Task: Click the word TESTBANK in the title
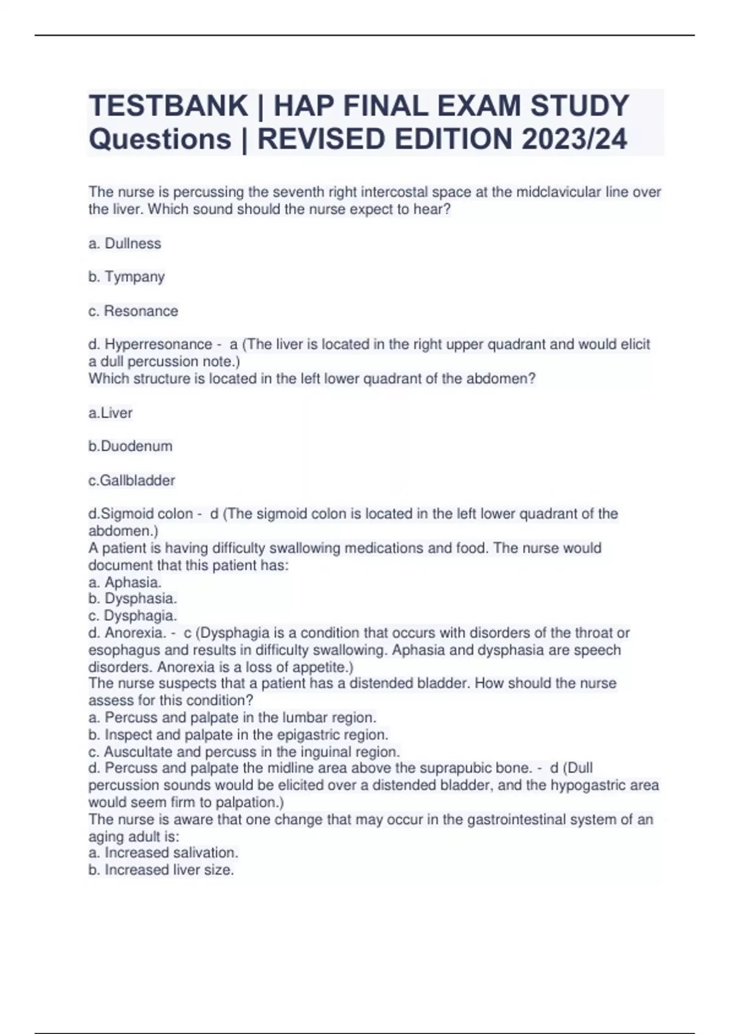(x=168, y=106)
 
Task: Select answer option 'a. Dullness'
(x=125, y=243)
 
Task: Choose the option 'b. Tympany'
(x=127, y=277)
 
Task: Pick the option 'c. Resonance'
(x=133, y=311)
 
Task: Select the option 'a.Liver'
(x=110, y=413)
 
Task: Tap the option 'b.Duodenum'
(x=130, y=446)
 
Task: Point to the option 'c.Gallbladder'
(x=131, y=481)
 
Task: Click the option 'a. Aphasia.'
(x=125, y=582)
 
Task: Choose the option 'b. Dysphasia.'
(x=133, y=599)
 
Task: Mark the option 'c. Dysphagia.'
(x=133, y=616)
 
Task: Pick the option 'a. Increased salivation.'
(x=163, y=853)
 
